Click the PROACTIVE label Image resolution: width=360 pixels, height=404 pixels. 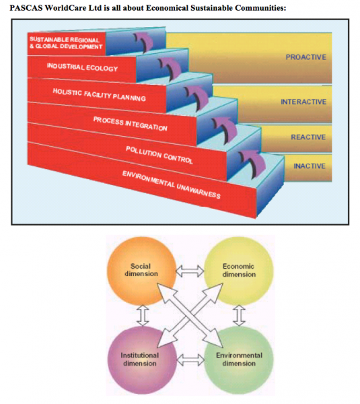click(x=306, y=57)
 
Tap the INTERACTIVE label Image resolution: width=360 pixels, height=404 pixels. click(x=303, y=102)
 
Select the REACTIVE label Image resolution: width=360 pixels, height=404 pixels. click(x=308, y=137)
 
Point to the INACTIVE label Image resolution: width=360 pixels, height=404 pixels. click(x=310, y=166)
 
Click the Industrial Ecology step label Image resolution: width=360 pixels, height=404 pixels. click(x=82, y=67)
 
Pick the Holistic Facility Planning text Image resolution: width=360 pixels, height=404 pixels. click(x=100, y=95)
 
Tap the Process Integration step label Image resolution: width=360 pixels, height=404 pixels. click(x=131, y=124)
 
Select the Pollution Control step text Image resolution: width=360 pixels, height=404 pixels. click(x=159, y=155)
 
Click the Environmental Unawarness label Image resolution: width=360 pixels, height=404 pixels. click(x=172, y=184)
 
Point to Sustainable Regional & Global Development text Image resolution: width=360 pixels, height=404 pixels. click(x=66, y=43)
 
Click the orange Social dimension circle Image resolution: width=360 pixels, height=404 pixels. click(x=141, y=271)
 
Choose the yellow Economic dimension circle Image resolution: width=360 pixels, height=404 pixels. click(x=239, y=271)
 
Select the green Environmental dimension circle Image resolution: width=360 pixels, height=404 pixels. click(x=239, y=360)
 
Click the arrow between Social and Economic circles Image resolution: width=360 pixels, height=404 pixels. click(x=190, y=271)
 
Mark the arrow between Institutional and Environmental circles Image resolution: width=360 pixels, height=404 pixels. click(x=190, y=360)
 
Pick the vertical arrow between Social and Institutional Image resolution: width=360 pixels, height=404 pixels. click(x=143, y=316)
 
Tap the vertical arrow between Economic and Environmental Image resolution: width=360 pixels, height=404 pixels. click(x=240, y=316)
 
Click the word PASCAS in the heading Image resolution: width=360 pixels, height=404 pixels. click(x=26, y=8)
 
